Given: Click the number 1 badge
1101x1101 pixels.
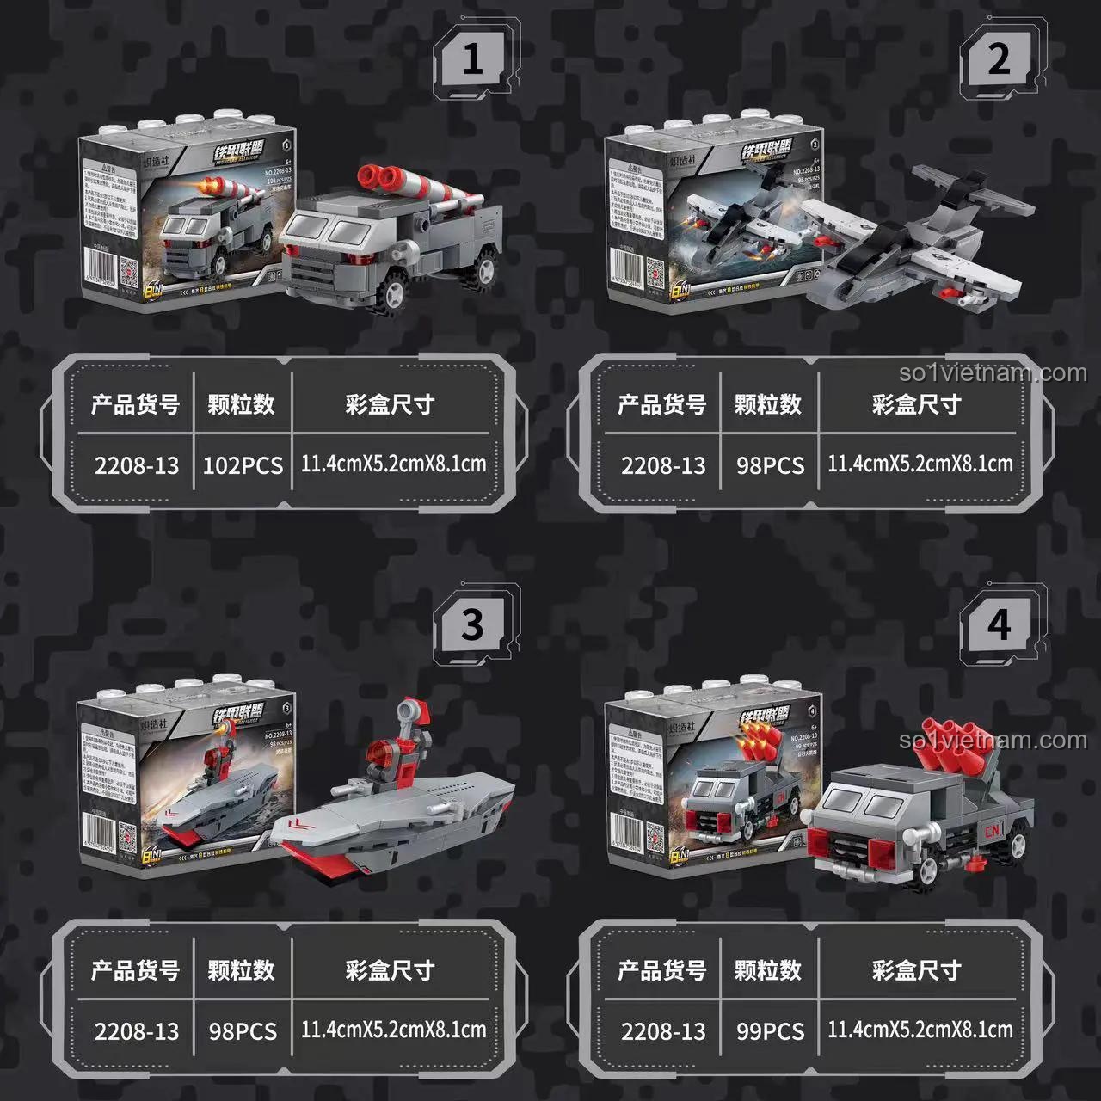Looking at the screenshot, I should [472, 60].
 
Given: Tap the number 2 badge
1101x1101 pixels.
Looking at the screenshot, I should [999, 60].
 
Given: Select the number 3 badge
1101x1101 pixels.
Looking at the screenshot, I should [472, 625].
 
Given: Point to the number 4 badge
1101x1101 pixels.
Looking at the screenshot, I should [999, 625].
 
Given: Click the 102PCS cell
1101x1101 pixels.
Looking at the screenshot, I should [243, 465].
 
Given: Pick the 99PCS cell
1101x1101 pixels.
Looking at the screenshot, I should [770, 1031].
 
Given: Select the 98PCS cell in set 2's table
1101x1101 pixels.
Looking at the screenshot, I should [770, 465].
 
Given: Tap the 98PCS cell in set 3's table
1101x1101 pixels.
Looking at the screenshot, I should [243, 1031].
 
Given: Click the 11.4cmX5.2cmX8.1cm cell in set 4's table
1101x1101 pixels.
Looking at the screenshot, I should [920, 1030].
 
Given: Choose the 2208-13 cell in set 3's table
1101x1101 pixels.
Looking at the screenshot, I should [137, 1031].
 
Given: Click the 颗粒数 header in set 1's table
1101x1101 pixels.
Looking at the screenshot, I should [241, 404].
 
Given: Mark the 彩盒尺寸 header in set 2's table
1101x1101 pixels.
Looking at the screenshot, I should [916, 404].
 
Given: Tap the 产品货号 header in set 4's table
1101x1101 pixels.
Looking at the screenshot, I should [661, 970].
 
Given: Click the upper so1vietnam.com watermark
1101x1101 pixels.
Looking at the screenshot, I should [993, 373].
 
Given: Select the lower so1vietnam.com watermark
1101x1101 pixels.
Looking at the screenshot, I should [993, 741].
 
